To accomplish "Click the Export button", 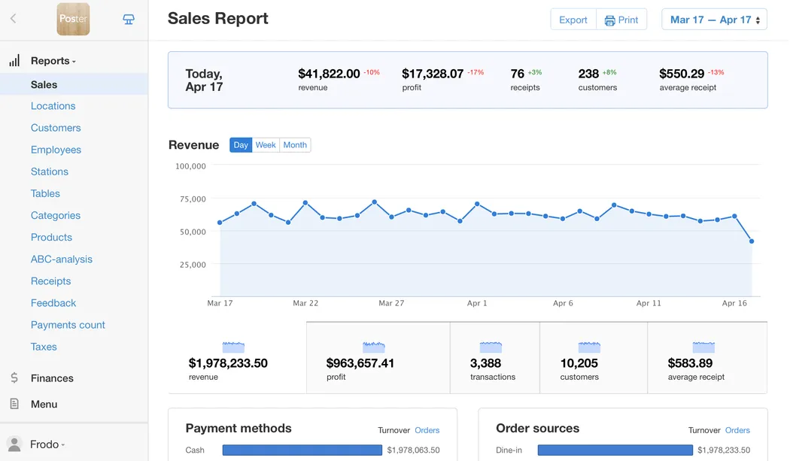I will click(573, 20).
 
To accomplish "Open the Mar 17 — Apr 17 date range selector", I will click(714, 20).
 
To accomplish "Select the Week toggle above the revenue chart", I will click(266, 145).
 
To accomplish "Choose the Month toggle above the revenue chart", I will click(295, 145).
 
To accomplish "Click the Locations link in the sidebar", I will click(53, 106).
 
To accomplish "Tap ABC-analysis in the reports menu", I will click(62, 259).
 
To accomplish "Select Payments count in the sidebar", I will click(68, 325).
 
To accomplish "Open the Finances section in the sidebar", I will click(52, 378).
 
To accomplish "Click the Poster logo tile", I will click(73, 20).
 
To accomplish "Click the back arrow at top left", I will click(13, 20).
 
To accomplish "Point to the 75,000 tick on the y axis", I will click(190, 199).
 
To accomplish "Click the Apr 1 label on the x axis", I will click(477, 303).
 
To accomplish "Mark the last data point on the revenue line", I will click(752, 241).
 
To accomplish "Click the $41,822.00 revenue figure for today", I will click(329, 74).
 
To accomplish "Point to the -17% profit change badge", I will click(476, 73).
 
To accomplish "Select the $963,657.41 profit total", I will click(360, 363).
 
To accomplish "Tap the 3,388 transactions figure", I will click(485, 363).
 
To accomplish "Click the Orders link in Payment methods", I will click(427, 430).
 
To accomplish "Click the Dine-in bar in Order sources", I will click(615, 450).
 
